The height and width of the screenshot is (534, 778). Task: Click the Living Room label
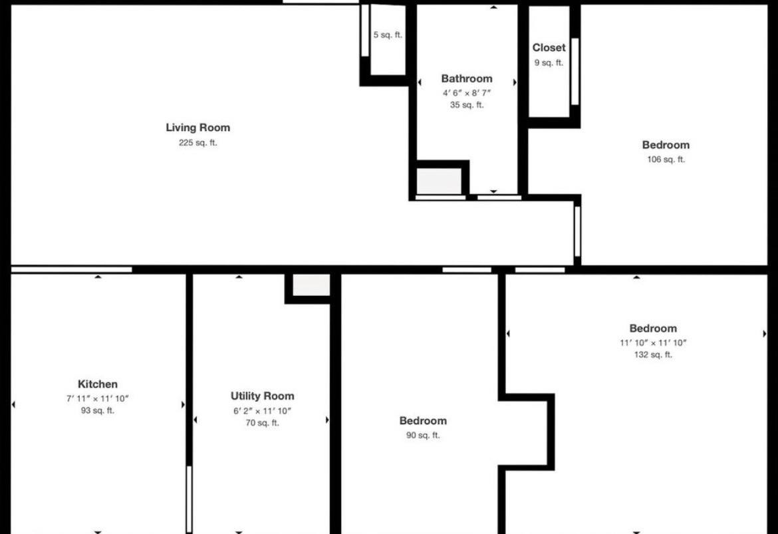tap(198, 128)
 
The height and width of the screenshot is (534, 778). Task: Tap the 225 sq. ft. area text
tap(198, 143)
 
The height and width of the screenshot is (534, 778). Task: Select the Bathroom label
tap(467, 78)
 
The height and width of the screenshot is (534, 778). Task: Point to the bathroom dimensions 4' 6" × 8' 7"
tap(467, 93)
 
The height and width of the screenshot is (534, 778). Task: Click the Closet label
tap(549, 48)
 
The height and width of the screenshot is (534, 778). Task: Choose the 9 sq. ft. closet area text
tap(549, 63)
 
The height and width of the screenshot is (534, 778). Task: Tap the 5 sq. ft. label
tap(388, 35)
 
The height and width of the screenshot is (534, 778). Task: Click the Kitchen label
tap(98, 384)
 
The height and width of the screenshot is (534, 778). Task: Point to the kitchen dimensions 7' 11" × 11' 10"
tap(98, 398)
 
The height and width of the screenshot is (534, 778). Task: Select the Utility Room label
tap(263, 396)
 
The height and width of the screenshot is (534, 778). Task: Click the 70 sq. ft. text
tap(263, 423)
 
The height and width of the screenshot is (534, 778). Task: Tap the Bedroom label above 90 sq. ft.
tap(423, 421)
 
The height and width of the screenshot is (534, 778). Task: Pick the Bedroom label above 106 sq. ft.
tap(666, 145)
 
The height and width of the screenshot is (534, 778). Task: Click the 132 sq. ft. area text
tap(653, 355)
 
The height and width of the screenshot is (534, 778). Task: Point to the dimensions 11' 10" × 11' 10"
tap(653, 342)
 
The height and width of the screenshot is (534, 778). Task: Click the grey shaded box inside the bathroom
tap(439, 181)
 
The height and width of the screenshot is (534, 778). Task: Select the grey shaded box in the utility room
tap(311, 285)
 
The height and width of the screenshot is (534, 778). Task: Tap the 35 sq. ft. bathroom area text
tap(467, 104)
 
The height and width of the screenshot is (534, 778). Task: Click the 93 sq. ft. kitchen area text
tap(98, 410)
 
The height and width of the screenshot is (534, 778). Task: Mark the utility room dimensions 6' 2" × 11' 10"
tap(263, 411)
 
